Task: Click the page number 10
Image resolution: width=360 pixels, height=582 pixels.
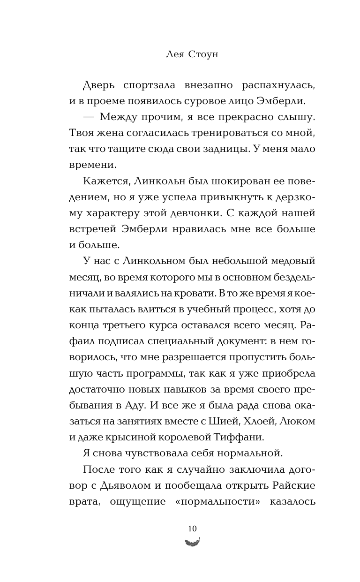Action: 192,529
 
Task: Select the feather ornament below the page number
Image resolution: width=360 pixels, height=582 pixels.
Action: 192,542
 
